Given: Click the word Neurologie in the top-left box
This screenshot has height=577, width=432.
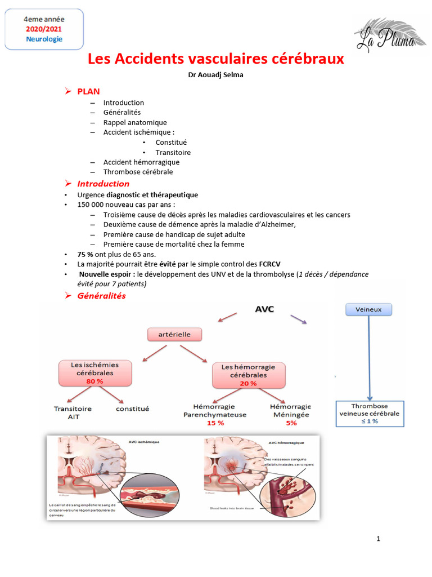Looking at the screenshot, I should (x=44, y=39).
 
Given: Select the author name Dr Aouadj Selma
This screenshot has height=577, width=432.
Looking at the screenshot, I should (x=216, y=76).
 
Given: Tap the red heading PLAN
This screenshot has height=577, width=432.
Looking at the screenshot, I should (x=88, y=91).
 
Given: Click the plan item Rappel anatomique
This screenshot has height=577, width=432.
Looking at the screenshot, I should (x=135, y=122).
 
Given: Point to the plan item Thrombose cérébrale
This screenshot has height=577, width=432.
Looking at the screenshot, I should (x=138, y=172).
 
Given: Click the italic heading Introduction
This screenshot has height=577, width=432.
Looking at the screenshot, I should (x=103, y=184).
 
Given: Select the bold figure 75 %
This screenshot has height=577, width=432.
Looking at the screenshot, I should (x=85, y=254).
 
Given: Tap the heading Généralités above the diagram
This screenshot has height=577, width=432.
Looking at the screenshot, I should (x=101, y=296).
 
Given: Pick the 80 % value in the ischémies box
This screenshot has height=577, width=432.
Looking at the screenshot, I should (x=95, y=381).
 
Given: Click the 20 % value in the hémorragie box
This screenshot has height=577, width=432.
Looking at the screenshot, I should (x=248, y=383).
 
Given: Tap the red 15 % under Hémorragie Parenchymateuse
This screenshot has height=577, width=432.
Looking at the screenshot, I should (x=215, y=423).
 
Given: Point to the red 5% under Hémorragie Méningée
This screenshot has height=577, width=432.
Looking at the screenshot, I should (x=291, y=423).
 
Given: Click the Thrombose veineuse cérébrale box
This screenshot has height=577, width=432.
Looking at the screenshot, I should (x=369, y=413).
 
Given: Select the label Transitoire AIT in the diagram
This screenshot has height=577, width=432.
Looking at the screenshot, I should (x=73, y=412).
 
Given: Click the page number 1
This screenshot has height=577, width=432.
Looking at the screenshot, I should (x=378, y=539).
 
